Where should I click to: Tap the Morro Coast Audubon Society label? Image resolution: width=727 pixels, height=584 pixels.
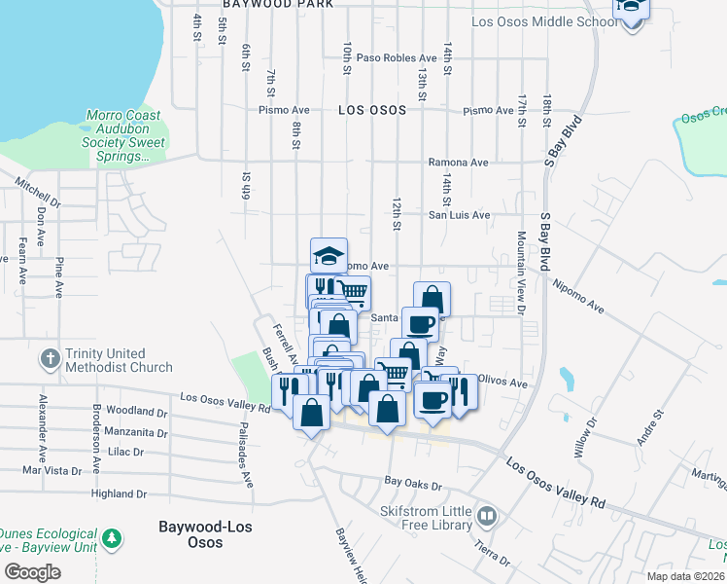125,135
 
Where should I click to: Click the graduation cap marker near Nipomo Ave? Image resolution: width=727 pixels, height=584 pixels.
329,255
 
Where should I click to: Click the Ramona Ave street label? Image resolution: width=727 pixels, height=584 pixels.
459,163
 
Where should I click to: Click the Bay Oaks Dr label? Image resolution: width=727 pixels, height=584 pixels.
413,482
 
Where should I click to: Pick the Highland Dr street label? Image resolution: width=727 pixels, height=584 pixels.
119,493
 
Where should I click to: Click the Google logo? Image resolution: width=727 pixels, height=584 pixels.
32,572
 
